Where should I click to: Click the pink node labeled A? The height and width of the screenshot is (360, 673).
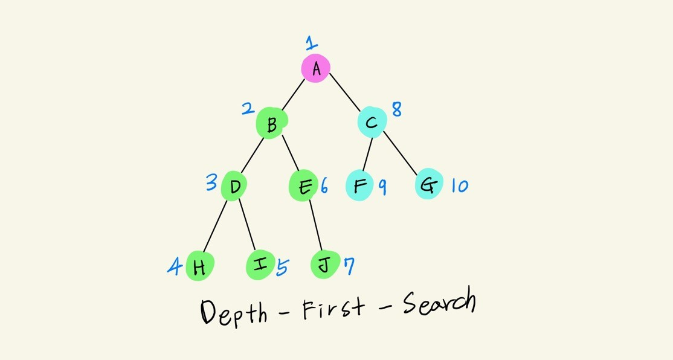pos(315,68)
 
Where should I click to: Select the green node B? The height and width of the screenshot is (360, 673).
pos(271,124)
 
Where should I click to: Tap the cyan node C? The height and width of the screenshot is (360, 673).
pos(372,123)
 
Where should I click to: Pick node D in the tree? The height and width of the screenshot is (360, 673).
pos(234,186)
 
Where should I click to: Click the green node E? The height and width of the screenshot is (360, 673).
pos(303,186)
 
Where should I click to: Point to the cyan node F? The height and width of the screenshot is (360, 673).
pos(359,185)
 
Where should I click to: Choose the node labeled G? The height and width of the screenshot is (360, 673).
pos(429,185)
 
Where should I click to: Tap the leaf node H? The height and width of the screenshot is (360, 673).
pos(199,266)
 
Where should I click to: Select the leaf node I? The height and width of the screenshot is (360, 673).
pos(260,265)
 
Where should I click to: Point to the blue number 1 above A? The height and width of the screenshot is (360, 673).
pos(311,43)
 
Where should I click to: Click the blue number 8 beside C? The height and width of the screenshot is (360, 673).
pos(396,109)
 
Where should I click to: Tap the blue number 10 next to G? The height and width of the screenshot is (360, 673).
pos(459,185)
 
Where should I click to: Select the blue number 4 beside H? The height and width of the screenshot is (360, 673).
pos(175,265)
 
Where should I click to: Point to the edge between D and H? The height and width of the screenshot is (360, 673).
pos(215,225)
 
